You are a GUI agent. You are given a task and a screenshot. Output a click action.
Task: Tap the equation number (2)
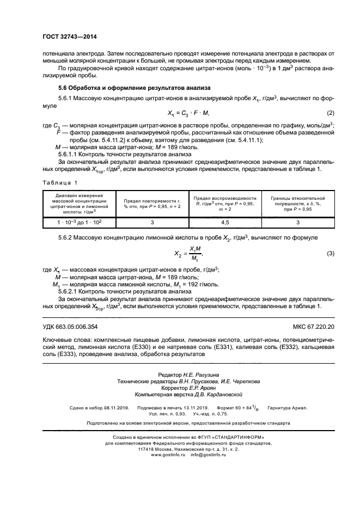[x=330, y=113]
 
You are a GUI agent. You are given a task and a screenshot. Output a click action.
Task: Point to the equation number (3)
[x=330, y=254]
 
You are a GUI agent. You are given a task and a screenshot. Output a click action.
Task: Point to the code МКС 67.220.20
[x=308, y=326]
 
